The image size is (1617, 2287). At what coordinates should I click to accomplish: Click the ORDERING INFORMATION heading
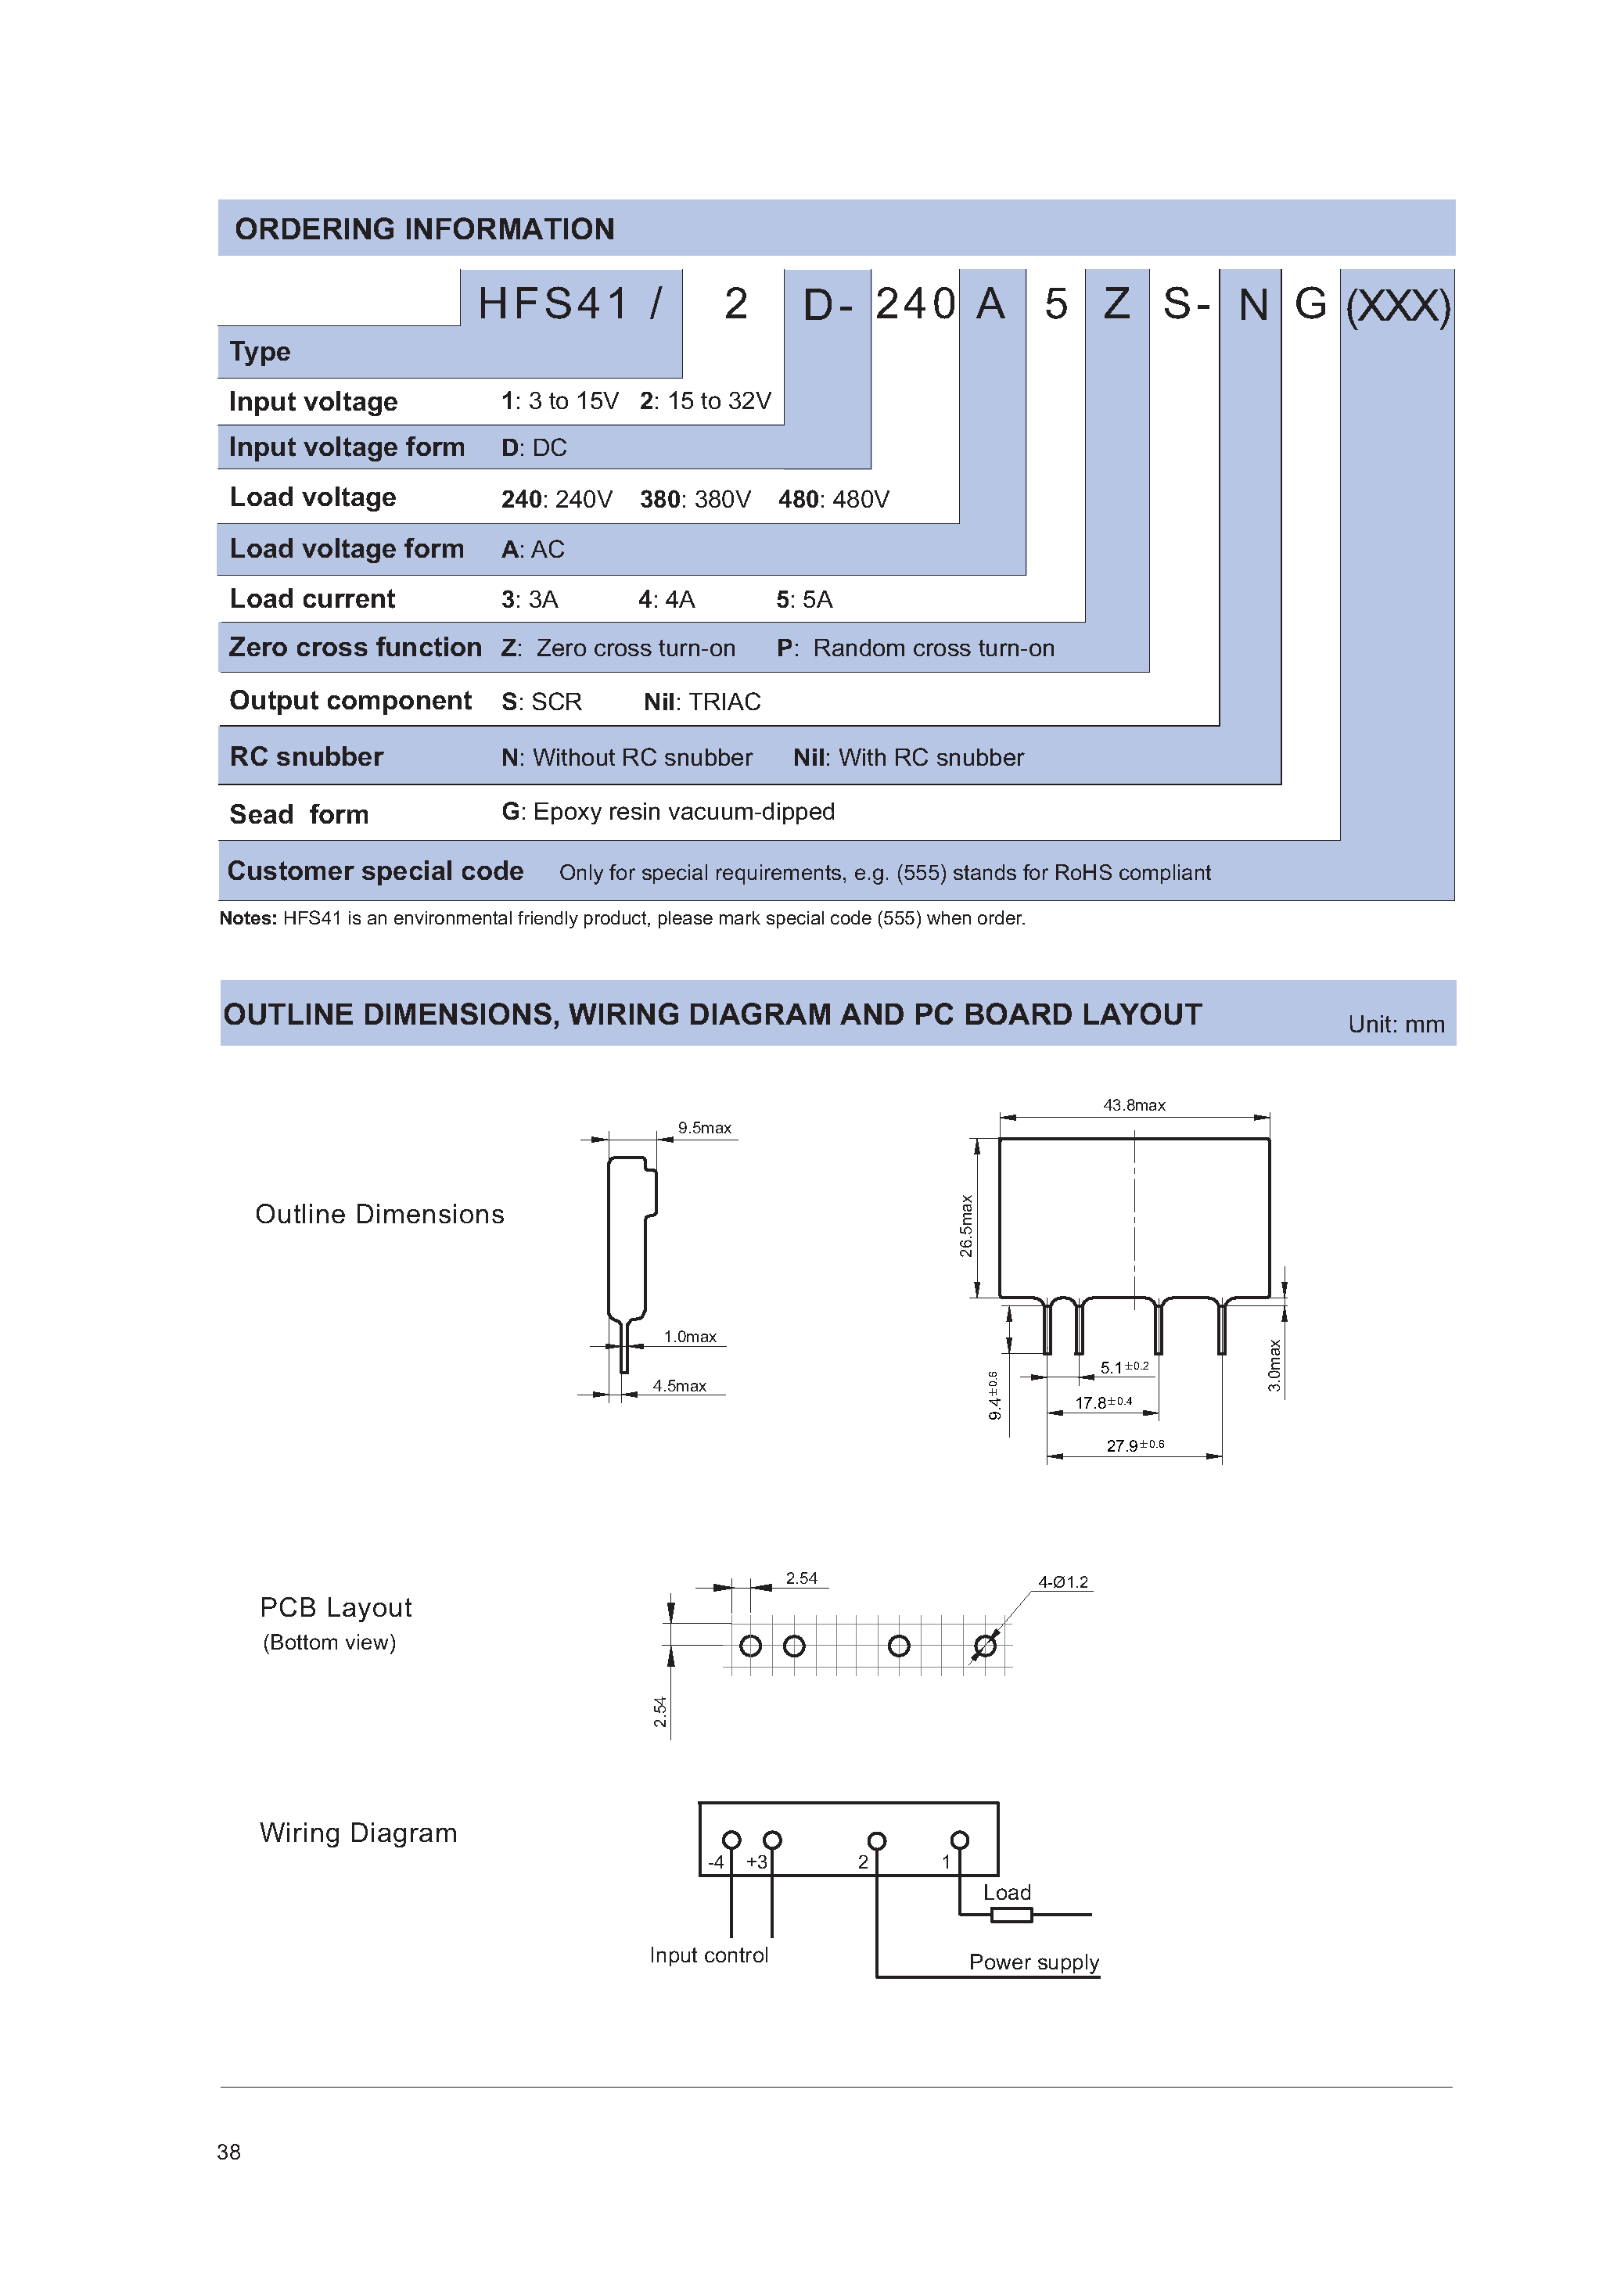(425, 229)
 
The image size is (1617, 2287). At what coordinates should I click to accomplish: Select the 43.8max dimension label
(1134, 1104)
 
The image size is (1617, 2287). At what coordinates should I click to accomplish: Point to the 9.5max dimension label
(704, 1128)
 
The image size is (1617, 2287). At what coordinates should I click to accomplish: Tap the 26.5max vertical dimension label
(965, 1225)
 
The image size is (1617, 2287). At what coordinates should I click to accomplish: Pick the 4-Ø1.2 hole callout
(1063, 1582)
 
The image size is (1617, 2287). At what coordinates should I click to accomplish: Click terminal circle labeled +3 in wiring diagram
(772, 1839)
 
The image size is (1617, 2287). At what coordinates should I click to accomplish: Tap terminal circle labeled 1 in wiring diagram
(959, 1839)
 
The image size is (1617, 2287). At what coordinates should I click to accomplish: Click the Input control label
(709, 1955)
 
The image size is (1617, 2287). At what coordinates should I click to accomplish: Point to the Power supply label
(1033, 1962)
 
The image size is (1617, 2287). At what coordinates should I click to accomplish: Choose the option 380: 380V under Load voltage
(695, 499)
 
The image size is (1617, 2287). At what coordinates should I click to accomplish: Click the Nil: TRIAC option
(702, 702)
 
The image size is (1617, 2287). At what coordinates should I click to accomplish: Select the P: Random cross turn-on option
(915, 648)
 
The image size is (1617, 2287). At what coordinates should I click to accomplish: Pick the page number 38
(228, 2152)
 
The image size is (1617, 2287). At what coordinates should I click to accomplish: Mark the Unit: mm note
(1395, 1024)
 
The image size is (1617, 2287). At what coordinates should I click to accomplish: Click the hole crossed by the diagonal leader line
(984, 1646)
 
